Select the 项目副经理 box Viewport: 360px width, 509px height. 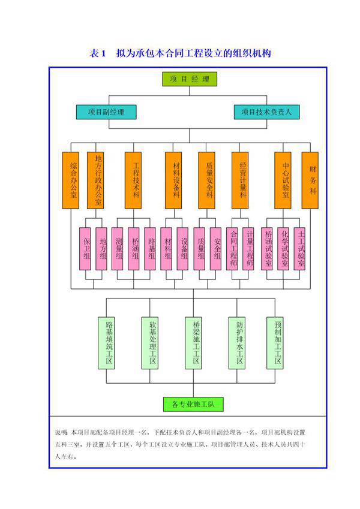pos(106,112)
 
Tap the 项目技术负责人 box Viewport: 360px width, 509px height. pos(265,112)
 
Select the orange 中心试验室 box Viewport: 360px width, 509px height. pos(285,180)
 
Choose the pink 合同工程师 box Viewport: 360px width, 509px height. pos(234,249)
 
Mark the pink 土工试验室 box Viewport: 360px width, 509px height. pos(301,249)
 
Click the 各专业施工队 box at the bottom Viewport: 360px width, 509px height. pos(193,404)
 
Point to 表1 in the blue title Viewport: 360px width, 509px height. pos(98,54)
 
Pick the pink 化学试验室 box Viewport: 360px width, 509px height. pos(284,249)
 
